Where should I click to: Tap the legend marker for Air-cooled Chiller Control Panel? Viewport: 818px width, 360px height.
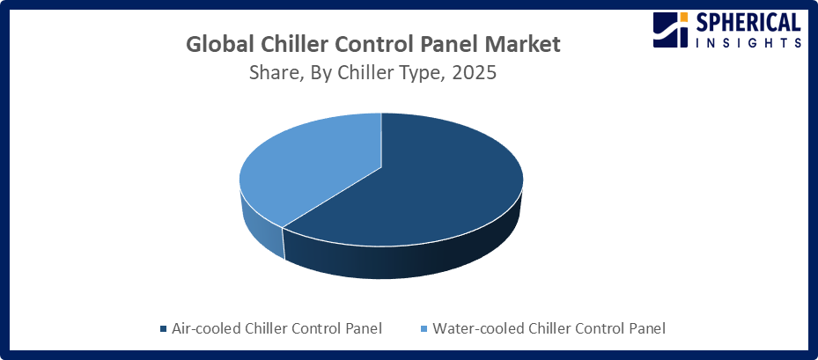coord(163,329)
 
